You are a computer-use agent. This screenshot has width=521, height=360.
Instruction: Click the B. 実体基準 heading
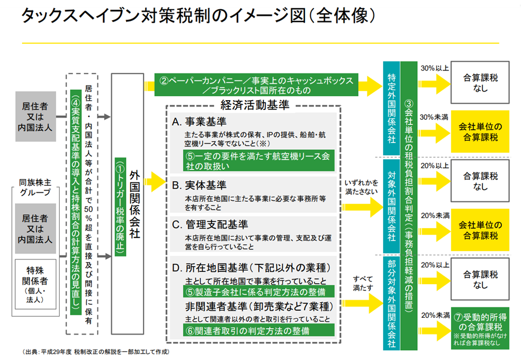(198, 186)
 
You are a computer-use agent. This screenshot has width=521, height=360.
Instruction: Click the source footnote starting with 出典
(96, 352)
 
